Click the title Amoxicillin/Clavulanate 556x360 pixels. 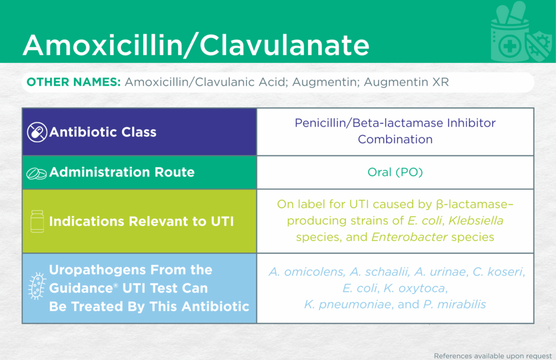pyautogui.click(x=196, y=45)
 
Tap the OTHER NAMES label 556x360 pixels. pyautogui.click(x=74, y=82)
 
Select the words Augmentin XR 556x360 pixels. pyautogui.click(x=406, y=82)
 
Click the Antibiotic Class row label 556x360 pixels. pyautogui.click(x=103, y=132)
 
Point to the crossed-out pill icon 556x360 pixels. pyautogui.click(x=37, y=132)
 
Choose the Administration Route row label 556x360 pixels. pyautogui.click(x=122, y=172)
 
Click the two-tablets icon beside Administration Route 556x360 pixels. pyautogui.click(x=36, y=173)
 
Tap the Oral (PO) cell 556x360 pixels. pyautogui.click(x=395, y=172)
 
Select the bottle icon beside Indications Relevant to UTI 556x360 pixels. pyautogui.click(x=37, y=222)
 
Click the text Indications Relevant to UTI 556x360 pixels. pyautogui.click(x=142, y=222)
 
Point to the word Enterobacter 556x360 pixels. pyautogui.click(x=409, y=237)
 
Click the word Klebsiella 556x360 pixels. pyautogui.click(x=476, y=220)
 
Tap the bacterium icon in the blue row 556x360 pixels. pyautogui.click(x=37, y=286)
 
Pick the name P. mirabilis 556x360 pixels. pyautogui.click(x=454, y=304)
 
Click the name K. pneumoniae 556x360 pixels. pyautogui.click(x=348, y=304)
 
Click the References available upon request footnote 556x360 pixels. pyautogui.click(x=492, y=356)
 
